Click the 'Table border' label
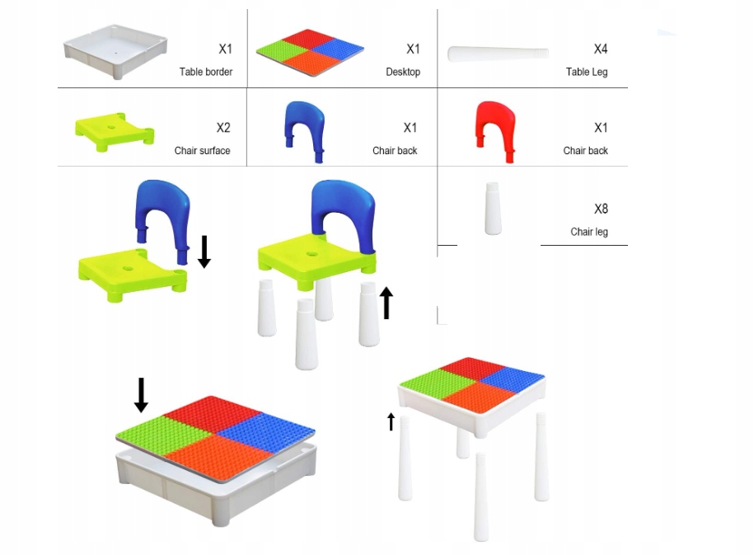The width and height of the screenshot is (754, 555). (206, 72)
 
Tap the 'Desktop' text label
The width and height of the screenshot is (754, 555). (403, 72)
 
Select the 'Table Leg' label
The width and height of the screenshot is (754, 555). (587, 72)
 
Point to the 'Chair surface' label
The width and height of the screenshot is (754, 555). (202, 151)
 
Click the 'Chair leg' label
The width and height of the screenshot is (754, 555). (589, 232)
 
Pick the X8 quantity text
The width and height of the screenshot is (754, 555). (601, 209)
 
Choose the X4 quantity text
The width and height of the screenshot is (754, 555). (601, 49)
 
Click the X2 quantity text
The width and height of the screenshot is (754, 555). (223, 128)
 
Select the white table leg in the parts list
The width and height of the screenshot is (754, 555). (498, 54)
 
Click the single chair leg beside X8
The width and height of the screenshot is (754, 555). (493, 208)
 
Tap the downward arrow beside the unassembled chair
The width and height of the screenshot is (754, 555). (204, 251)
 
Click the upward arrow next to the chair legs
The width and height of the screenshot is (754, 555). (386, 303)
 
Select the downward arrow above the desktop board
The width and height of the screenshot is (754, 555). (141, 394)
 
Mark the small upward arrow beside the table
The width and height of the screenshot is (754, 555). (391, 421)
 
